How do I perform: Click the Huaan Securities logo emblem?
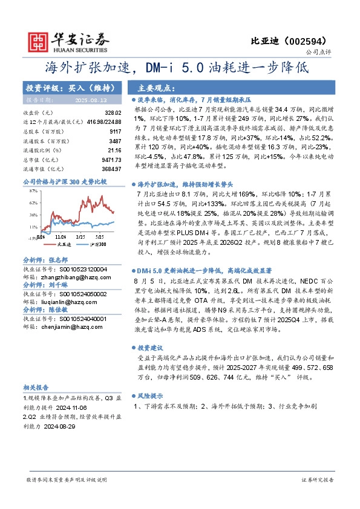(38, 41)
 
